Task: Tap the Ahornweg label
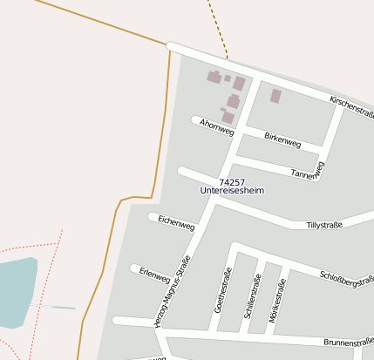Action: coord(216,126)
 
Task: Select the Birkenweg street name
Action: coord(282,139)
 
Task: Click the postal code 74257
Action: coord(232,181)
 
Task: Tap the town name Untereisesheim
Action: coord(232,190)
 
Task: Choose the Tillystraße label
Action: coord(324,225)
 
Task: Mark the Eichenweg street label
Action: coord(176,222)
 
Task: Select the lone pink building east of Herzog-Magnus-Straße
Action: coord(275,96)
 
